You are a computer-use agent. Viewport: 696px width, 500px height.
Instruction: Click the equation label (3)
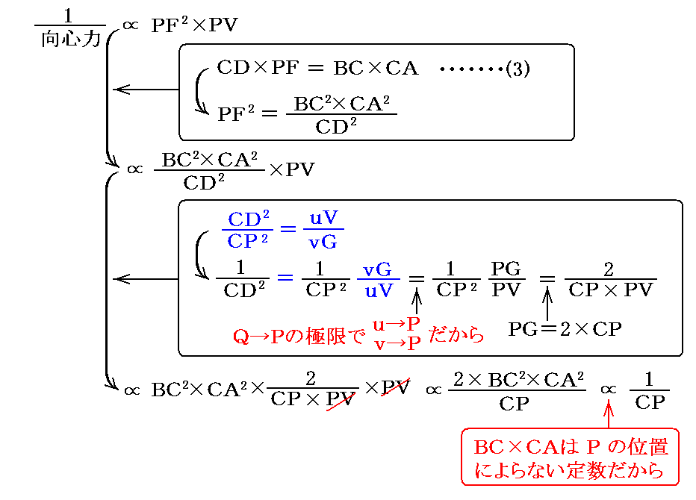(x=518, y=69)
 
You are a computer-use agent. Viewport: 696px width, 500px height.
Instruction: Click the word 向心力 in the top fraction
(x=70, y=40)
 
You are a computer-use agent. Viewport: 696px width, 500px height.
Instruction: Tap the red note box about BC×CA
(x=571, y=457)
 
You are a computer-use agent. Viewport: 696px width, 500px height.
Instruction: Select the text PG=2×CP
(x=565, y=329)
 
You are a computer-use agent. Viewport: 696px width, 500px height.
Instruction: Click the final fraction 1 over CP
(x=649, y=391)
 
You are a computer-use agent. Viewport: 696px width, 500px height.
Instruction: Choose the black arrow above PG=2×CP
(x=547, y=304)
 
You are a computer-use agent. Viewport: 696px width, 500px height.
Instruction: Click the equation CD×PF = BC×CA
(x=317, y=69)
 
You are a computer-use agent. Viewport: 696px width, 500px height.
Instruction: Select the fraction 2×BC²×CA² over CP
(x=515, y=391)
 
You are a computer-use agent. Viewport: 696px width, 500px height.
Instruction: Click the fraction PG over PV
(x=506, y=279)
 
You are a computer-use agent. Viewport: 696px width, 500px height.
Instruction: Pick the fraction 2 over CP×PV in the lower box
(x=611, y=279)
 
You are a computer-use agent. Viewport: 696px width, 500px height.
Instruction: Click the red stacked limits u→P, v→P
(x=397, y=334)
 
